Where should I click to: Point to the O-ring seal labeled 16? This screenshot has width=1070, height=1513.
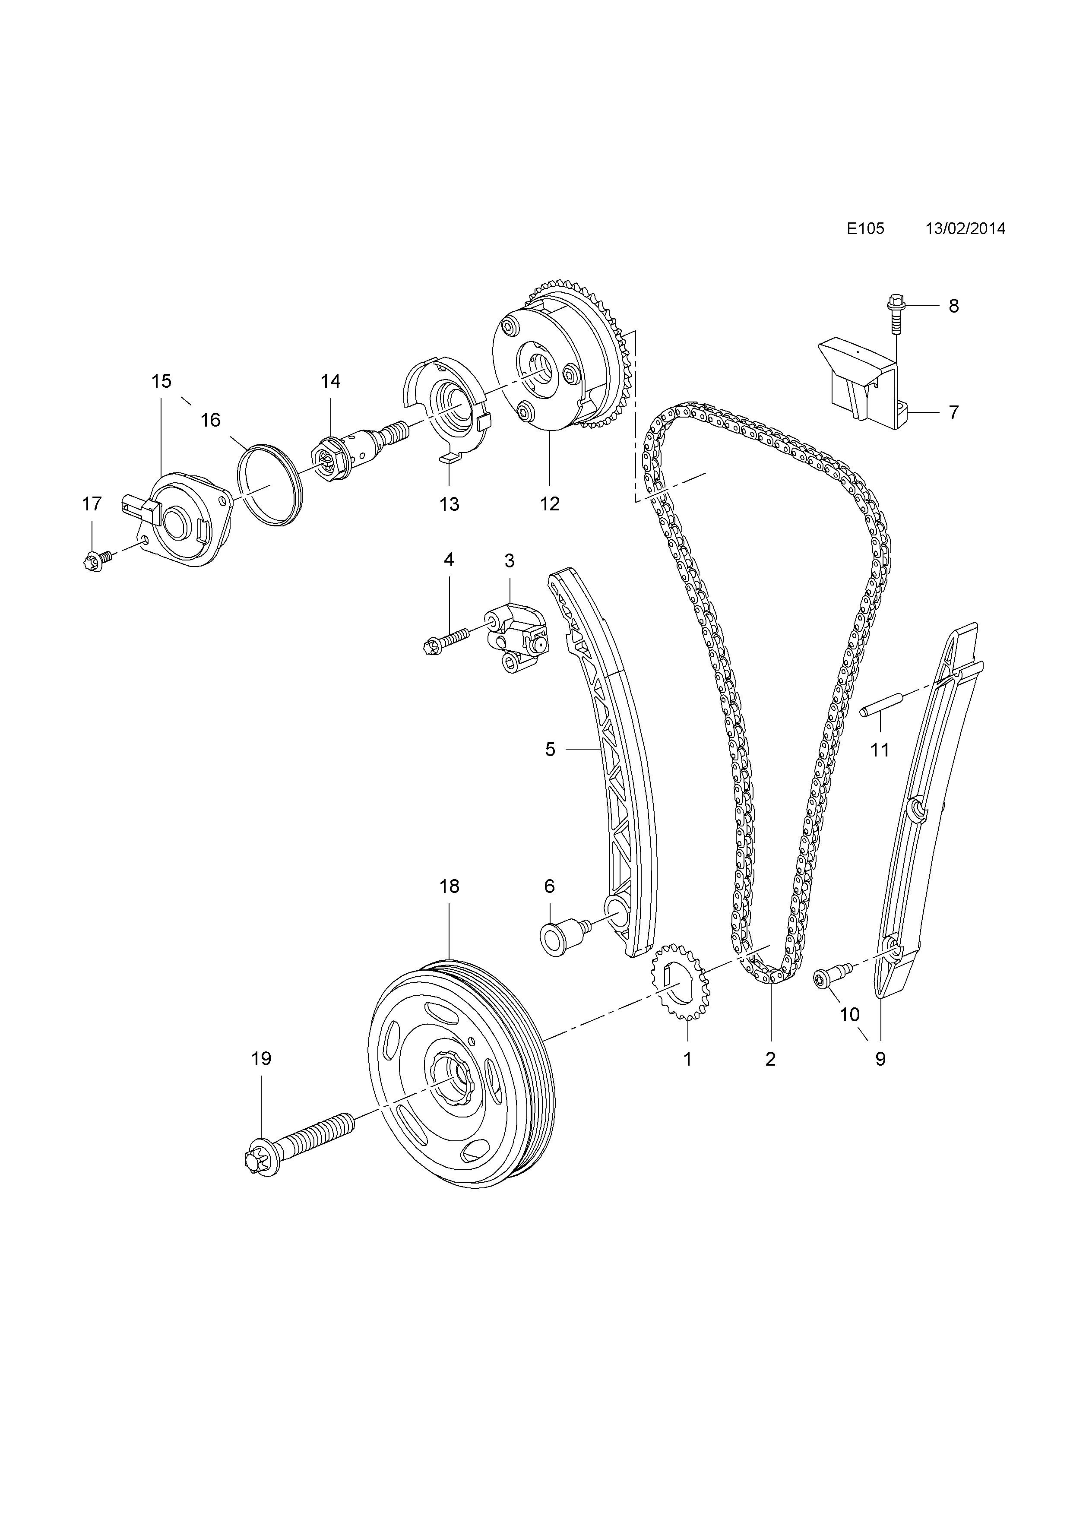270,485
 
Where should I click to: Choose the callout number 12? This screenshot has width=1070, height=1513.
550,504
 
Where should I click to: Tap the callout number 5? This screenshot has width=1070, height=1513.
550,749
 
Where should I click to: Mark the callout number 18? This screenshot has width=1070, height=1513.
450,886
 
